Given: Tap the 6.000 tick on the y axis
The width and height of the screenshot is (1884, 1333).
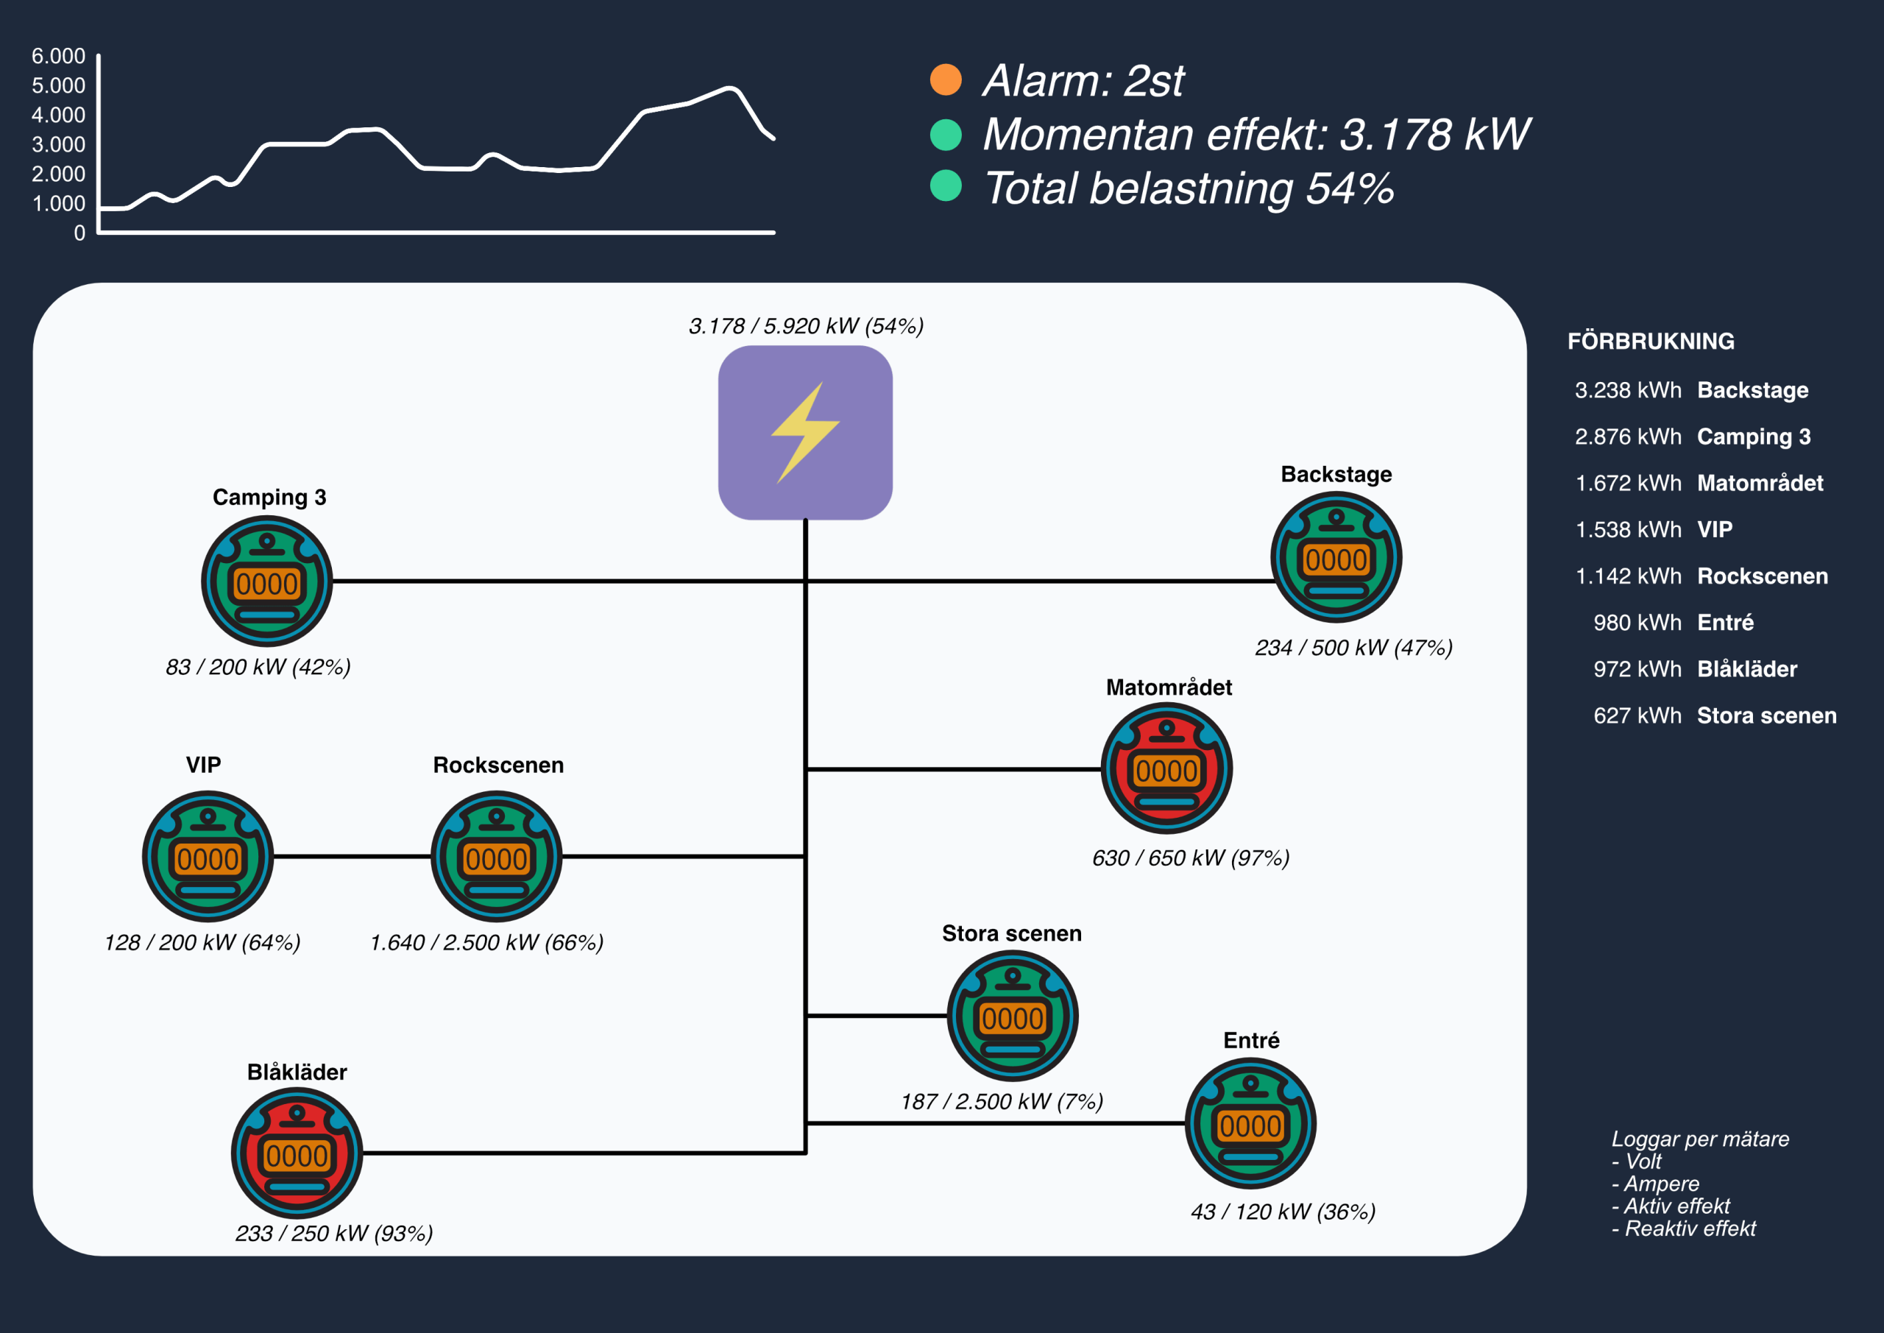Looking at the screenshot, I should click(x=58, y=56).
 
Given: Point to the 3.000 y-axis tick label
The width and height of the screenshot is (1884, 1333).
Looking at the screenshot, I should click(x=58, y=144).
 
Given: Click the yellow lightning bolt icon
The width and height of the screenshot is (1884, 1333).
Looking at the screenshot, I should click(x=805, y=432).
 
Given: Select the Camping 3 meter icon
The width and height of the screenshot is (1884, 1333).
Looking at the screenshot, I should click(x=266, y=581).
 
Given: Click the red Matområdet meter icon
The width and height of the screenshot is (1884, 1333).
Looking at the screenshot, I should click(x=1166, y=768).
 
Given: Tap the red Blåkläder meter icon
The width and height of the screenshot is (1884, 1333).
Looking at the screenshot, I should click(x=297, y=1153).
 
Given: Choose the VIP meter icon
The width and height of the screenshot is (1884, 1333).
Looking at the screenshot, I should click(x=208, y=856).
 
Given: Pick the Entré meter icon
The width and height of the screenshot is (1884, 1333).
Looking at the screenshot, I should click(x=1250, y=1123).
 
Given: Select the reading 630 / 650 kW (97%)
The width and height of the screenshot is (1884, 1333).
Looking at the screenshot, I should click(x=1190, y=858).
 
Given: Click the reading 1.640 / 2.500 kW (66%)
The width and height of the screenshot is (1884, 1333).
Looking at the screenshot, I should click(x=486, y=942).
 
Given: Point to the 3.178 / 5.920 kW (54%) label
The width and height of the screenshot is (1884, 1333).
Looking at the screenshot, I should click(x=806, y=326).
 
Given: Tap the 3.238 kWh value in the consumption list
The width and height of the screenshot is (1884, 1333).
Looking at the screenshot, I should click(x=1627, y=390).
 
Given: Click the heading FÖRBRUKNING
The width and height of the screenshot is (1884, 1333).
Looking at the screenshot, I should click(x=1650, y=341).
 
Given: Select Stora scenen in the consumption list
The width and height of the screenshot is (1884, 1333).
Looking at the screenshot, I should click(x=1766, y=715).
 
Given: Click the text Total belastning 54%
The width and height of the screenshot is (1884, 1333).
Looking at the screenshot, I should click(x=1187, y=188).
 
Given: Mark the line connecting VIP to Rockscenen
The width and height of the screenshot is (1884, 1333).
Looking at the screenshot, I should click(x=352, y=856).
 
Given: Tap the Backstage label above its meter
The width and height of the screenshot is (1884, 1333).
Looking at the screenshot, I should click(x=1336, y=475).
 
